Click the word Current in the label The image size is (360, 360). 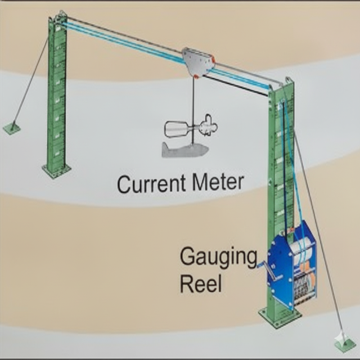[x=149, y=183]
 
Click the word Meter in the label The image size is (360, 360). [x=216, y=182]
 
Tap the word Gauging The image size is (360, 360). [x=217, y=258]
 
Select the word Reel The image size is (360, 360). [x=201, y=282]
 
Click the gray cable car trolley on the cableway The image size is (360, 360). [x=197, y=62]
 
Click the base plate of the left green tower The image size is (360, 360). [x=57, y=169]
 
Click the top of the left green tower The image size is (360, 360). [x=58, y=20]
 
